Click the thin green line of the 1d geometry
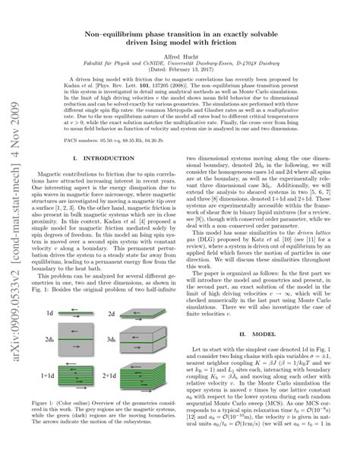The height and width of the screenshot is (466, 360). point(88,290)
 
